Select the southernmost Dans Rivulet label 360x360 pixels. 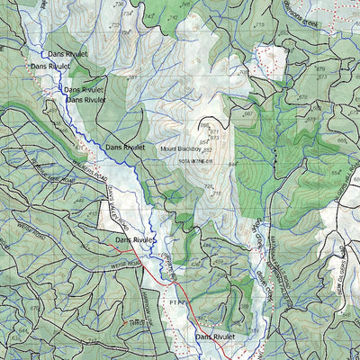(x=214, y=337)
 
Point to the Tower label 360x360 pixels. (x=136, y=321)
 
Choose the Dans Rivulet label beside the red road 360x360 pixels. (x=135, y=240)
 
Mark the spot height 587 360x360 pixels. (x=132, y=78)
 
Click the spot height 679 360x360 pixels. (x=321, y=69)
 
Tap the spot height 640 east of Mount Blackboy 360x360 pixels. (x=234, y=163)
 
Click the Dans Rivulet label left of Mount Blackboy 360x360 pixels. (x=125, y=146)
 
